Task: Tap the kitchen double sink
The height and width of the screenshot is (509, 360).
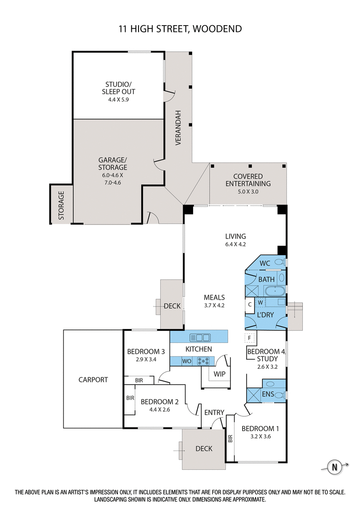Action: click(x=199, y=337)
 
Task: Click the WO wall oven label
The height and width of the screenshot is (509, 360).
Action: click(x=187, y=361)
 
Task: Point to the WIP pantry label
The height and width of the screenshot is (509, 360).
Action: click(x=220, y=374)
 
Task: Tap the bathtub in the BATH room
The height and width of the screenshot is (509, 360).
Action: click(x=274, y=291)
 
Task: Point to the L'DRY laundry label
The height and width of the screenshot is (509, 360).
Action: click(x=265, y=315)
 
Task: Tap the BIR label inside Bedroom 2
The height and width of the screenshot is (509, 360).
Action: click(x=130, y=398)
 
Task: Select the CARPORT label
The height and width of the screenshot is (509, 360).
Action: click(x=94, y=379)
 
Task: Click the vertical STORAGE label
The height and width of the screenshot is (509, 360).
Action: click(x=61, y=205)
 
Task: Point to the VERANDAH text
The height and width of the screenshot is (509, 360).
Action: click(x=178, y=127)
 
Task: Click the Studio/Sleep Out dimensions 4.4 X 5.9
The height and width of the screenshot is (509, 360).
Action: click(x=119, y=99)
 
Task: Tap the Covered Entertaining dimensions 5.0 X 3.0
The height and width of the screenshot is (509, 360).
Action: click(x=248, y=191)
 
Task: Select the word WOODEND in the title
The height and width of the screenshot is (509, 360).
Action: click(x=217, y=29)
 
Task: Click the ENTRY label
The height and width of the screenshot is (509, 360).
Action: click(x=214, y=412)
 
